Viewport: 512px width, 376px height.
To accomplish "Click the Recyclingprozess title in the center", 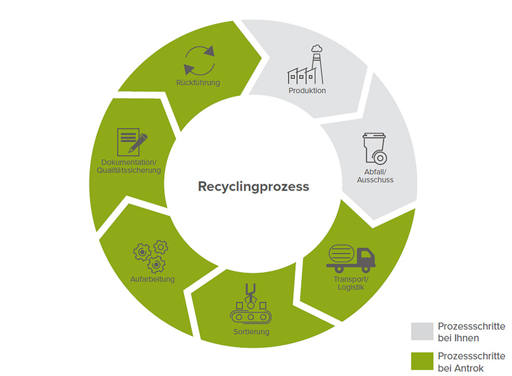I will click(253, 186).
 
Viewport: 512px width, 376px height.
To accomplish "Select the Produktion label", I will click(307, 90).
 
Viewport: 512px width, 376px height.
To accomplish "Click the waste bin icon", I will click(375, 149).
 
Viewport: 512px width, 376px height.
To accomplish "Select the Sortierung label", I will click(251, 332).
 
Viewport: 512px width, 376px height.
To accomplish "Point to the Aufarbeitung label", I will click(152, 279).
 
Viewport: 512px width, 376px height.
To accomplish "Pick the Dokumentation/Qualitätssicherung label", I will click(131, 166).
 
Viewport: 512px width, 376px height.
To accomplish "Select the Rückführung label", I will click(198, 83).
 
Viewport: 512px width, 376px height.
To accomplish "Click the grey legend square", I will click(422, 332).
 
